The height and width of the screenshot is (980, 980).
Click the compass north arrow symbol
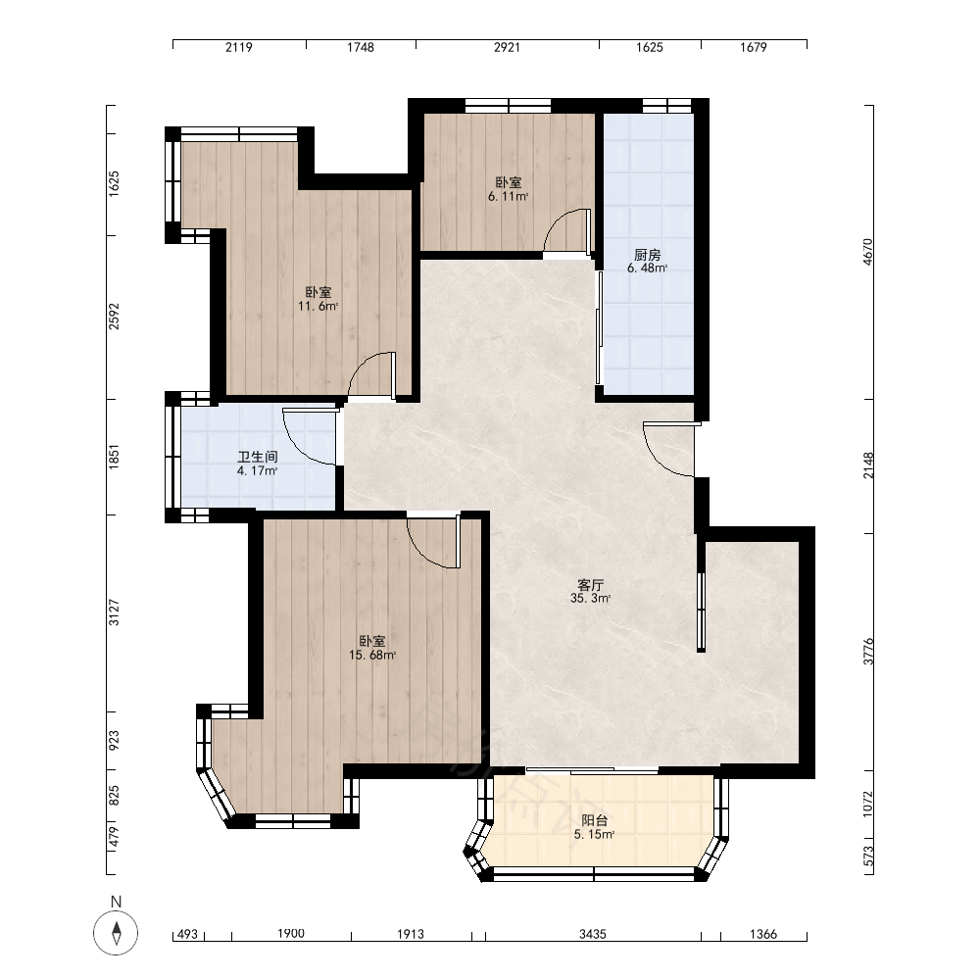[x=116, y=934]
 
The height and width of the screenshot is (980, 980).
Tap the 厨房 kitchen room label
[x=647, y=255]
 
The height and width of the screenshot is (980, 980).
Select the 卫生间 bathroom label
[x=258, y=458]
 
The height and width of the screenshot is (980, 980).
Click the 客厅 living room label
[x=590, y=585]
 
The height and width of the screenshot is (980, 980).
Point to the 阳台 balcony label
[x=595, y=820]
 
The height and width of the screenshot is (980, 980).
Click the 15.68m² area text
[x=372, y=655]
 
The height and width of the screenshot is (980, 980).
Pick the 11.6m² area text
[x=318, y=306]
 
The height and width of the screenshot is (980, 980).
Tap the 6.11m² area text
[x=508, y=196]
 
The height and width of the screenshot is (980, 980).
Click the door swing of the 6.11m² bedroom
[x=567, y=231]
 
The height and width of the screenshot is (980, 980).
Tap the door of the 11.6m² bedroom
[x=371, y=375]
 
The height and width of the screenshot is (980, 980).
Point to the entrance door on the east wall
[x=668, y=450]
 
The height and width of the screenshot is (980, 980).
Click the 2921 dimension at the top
[x=507, y=47]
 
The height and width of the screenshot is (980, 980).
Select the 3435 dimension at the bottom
[x=593, y=934]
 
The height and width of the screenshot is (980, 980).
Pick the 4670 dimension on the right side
[x=868, y=252]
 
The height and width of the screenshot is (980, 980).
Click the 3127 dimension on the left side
[x=114, y=612]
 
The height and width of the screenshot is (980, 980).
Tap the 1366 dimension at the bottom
[x=763, y=934]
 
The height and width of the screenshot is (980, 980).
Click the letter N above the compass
[x=116, y=902]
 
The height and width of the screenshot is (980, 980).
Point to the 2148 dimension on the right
[x=868, y=465]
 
